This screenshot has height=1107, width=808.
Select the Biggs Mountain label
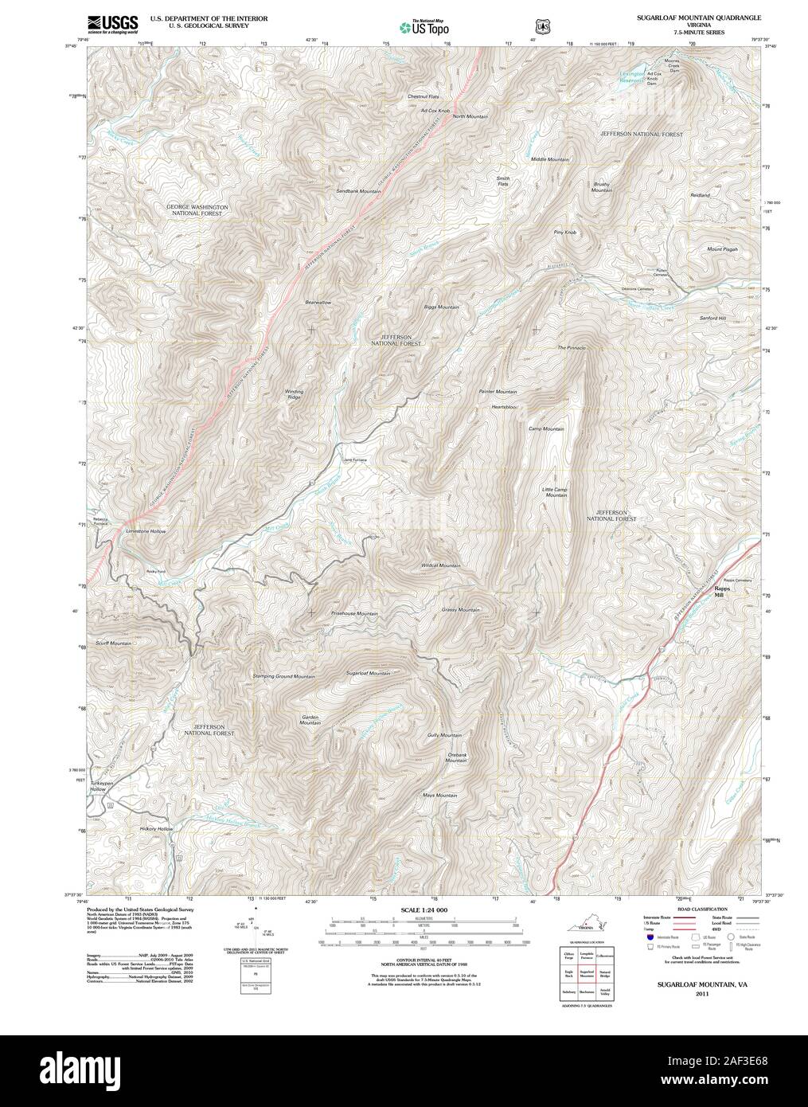click(x=442, y=307)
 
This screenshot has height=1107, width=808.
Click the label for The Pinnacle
click(x=571, y=348)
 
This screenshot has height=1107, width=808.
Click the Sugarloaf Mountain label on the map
click(x=368, y=673)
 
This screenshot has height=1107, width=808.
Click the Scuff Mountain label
click(x=113, y=643)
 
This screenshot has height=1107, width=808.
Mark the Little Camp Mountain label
click(x=555, y=492)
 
